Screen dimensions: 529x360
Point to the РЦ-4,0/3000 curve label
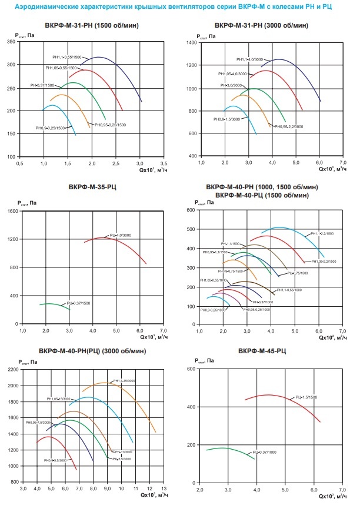pyautogui.click(x=121, y=235)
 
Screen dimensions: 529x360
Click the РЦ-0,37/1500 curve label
pyautogui.click(x=78, y=303)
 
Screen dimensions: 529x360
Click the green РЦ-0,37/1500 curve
pyautogui.click(x=53, y=304)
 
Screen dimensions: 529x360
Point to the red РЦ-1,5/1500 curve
pyautogui.click(x=271, y=395)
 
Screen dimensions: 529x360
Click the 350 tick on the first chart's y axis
pyautogui.click(x=11, y=41)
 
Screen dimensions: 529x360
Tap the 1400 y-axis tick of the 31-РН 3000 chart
pyautogui.click(x=191, y=43)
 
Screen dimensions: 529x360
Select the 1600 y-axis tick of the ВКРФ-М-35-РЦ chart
pyautogui.click(x=12, y=210)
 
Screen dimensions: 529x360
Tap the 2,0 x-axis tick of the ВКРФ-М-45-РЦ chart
pyautogui.click(x=199, y=488)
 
